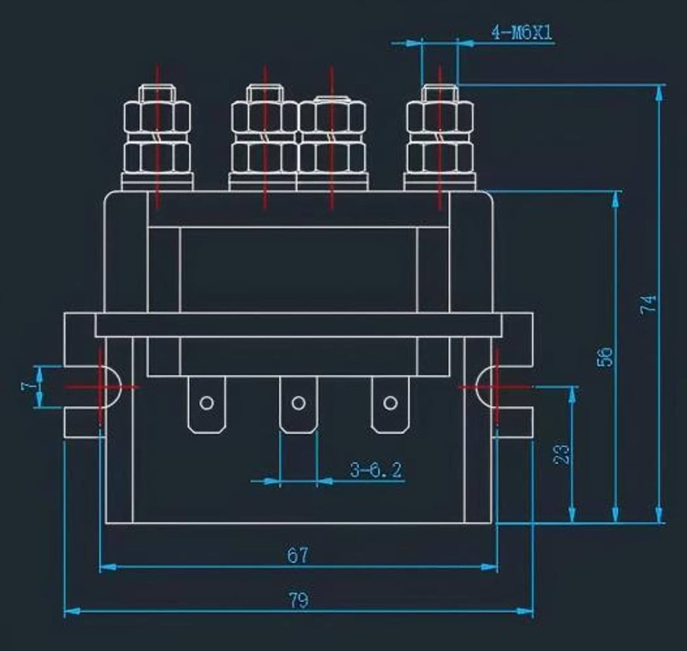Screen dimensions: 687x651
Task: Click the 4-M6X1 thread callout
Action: pos(522,33)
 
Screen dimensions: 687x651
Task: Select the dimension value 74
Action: pos(649,304)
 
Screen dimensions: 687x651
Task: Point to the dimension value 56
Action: pos(605,356)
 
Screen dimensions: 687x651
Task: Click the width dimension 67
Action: pos(298,555)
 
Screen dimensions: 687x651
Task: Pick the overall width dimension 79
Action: pos(299,600)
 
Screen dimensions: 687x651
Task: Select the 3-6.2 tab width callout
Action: pos(376,470)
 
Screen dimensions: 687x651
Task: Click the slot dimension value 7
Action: pos(29,387)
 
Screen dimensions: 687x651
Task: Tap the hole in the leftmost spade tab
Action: pos(207,403)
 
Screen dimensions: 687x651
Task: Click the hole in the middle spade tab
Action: pos(298,403)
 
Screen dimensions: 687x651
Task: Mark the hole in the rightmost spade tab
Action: pos(390,403)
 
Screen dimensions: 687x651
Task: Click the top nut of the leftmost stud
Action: pos(157,118)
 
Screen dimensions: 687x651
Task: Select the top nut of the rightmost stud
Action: pos(440,118)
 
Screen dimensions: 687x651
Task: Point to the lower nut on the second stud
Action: pos(264,157)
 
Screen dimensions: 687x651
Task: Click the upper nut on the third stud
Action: pos(332,118)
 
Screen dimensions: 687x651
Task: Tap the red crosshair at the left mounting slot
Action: pos(101,387)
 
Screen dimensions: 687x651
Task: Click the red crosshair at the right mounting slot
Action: pos(496,387)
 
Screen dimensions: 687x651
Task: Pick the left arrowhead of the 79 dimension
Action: pos(72,611)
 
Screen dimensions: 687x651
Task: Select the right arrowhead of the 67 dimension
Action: pos(489,566)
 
